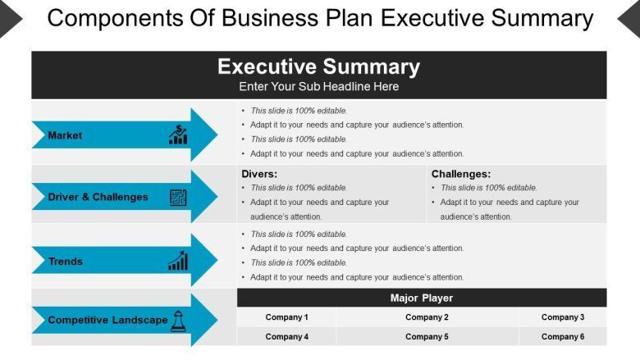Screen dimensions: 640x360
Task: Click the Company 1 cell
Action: tap(286, 317)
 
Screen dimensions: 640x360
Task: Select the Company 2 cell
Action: tap(427, 317)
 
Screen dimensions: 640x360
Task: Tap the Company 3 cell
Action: tap(563, 317)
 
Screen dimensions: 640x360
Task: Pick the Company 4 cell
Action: tap(286, 336)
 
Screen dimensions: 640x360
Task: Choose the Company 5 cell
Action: tap(427, 336)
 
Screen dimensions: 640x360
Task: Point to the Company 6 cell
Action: tap(563, 336)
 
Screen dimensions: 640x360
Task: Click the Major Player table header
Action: tap(422, 298)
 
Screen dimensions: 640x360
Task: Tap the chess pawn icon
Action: tap(178, 321)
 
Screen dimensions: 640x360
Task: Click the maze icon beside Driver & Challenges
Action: tap(178, 198)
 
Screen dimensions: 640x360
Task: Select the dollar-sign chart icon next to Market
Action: tap(178, 134)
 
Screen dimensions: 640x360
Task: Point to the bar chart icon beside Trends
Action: tap(178, 261)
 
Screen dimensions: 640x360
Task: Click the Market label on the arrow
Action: tap(65, 135)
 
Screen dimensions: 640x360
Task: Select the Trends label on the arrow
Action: tap(66, 262)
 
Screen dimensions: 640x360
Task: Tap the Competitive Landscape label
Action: tap(107, 320)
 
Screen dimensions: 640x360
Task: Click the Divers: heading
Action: tap(259, 174)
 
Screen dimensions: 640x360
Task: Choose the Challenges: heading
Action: tap(461, 174)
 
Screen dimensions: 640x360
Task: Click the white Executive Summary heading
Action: tap(319, 66)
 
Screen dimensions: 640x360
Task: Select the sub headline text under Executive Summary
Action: tap(319, 86)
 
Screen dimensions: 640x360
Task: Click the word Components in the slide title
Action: tap(116, 18)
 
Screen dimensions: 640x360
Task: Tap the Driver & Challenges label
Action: tap(98, 197)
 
